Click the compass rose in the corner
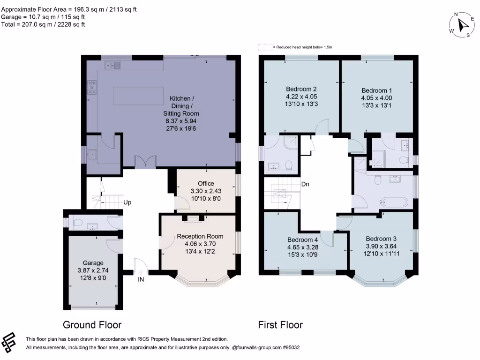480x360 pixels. (461, 25)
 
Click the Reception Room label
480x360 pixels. (200, 236)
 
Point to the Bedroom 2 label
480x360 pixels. (301, 89)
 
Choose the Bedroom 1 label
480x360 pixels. (376, 90)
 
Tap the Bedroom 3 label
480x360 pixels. (381, 238)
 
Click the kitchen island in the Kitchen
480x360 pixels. (138, 96)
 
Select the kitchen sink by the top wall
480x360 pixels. (112, 66)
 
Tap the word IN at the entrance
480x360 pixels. (141, 279)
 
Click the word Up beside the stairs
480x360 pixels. (127, 203)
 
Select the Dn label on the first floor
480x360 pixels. (305, 184)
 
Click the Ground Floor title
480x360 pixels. (92, 325)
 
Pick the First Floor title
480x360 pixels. (280, 325)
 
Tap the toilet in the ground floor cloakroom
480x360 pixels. (78, 222)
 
